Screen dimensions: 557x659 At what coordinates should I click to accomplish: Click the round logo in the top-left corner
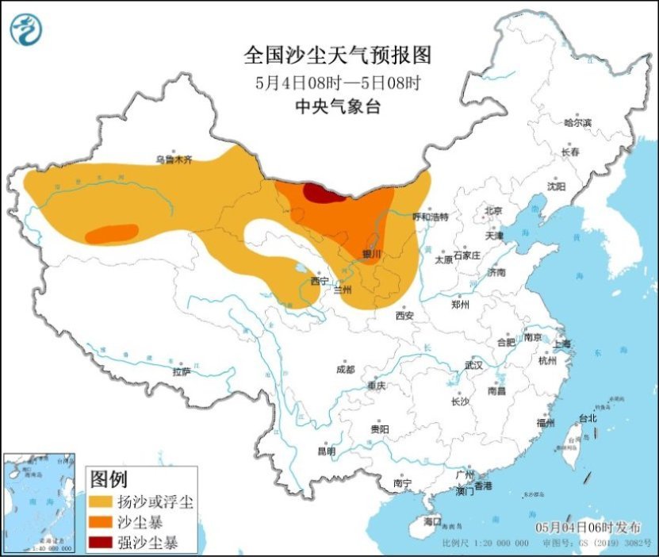pyautogui.click(x=26, y=30)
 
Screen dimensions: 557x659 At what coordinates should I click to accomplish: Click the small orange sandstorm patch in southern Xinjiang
pyautogui.click(x=111, y=233)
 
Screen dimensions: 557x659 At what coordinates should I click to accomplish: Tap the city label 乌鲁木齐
pyautogui.click(x=173, y=159)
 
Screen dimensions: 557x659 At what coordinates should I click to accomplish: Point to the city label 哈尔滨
pyautogui.click(x=577, y=123)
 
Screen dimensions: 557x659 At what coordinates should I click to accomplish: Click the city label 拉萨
pyautogui.click(x=181, y=371)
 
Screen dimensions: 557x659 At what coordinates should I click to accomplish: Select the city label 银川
pyautogui.click(x=371, y=254)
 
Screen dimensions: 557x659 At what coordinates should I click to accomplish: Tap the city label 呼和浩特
pyautogui.click(x=431, y=217)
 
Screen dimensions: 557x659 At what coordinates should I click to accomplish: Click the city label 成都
pyautogui.click(x=345, y=370)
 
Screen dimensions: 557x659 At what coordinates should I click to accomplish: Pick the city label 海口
pyautogui.click(x=431, y=521)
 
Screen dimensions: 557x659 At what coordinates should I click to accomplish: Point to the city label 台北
pyautogui.click(x=587, y=417)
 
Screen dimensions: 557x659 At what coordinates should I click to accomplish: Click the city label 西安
pyautogui.click(x=404, y=315)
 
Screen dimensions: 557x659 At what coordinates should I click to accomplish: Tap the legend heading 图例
pyautogui.click(x=109, y=479)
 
